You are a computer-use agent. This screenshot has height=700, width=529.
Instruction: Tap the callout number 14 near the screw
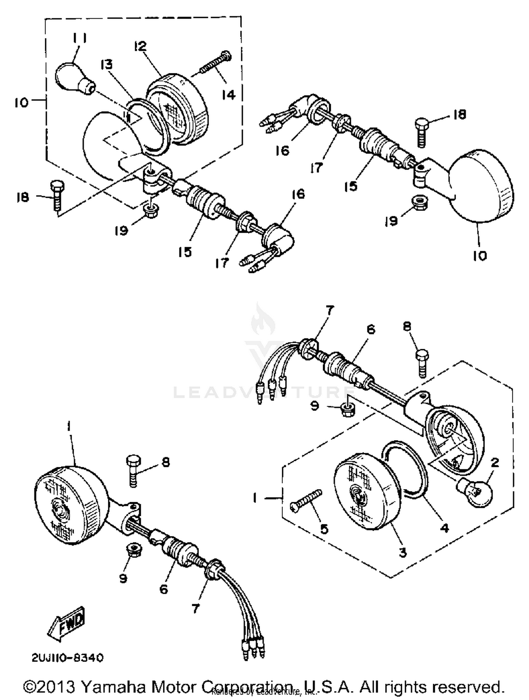point(229,95)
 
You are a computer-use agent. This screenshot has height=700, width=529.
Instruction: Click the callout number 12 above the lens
point(140,46)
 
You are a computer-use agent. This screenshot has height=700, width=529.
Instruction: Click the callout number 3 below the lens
point(403,553)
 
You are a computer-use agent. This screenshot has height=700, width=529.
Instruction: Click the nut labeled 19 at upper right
point(418,203)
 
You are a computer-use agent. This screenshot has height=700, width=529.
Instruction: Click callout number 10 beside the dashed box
point(21,103)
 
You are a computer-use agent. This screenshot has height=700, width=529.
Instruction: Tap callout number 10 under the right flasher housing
point(480,256)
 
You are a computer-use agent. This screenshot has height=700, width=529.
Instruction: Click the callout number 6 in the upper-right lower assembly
point(371,329)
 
